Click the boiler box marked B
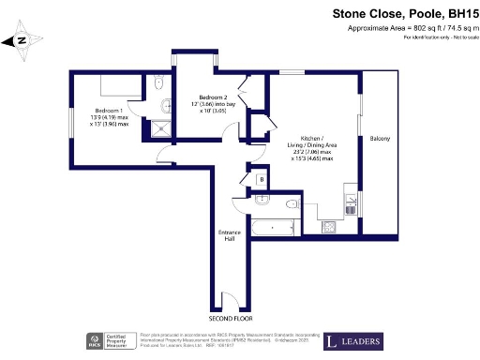click(261, 179)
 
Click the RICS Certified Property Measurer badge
click(109, 341)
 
